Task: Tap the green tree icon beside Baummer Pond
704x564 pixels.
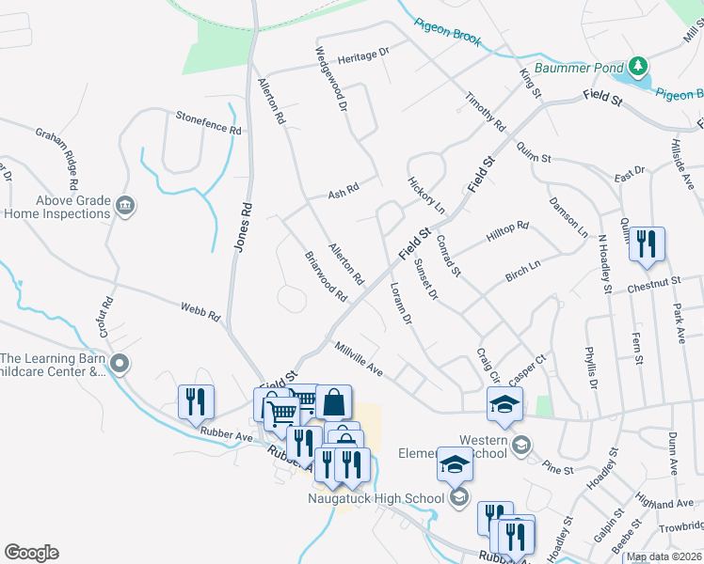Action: [x=639, y=65]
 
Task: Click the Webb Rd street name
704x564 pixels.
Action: [x=200, y=310]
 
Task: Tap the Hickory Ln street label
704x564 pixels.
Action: [x=425, y=194]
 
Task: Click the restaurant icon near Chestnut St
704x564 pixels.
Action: [x=646, y=243]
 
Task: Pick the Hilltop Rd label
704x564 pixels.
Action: [x=508, y=231]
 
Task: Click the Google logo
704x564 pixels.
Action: [x=31, y=552]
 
